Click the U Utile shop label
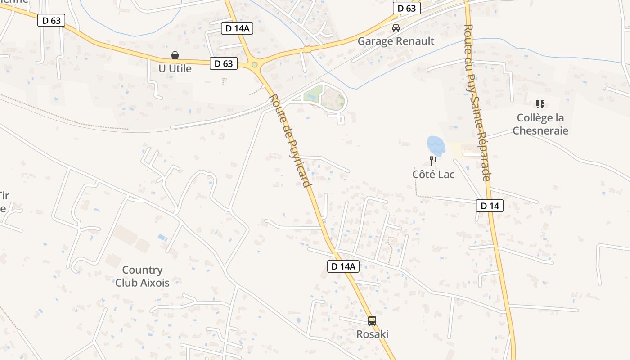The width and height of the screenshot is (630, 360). (x=175, y=69)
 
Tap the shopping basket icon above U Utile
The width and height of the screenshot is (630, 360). (x=175, y=55)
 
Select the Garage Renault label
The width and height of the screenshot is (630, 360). (x=396, y=41)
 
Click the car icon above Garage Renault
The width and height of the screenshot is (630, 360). (x=396, y=28)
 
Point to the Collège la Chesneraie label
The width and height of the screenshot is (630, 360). (x=540, y=124)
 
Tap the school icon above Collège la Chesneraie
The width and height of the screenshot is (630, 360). (x=540, y=105)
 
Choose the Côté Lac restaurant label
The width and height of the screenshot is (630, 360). (x=433, y=174)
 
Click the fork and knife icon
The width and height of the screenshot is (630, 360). (x=433, y=161)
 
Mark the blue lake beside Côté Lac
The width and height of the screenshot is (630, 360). (x=436, y=146)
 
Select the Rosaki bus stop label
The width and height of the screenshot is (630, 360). (x=372, y=334)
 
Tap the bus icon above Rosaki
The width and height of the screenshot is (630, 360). (x=372, y=321)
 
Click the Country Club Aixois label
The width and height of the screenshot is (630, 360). (x=142, y=276)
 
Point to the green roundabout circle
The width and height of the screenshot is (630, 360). (x=255, y=65)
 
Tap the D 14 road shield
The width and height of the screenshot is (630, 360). (x=490, y=206)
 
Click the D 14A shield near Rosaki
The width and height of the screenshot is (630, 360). (x=343, y=266)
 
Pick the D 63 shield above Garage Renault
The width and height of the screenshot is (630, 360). (x=407, y=9)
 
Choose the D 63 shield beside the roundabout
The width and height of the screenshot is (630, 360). (x=224, y=63)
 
